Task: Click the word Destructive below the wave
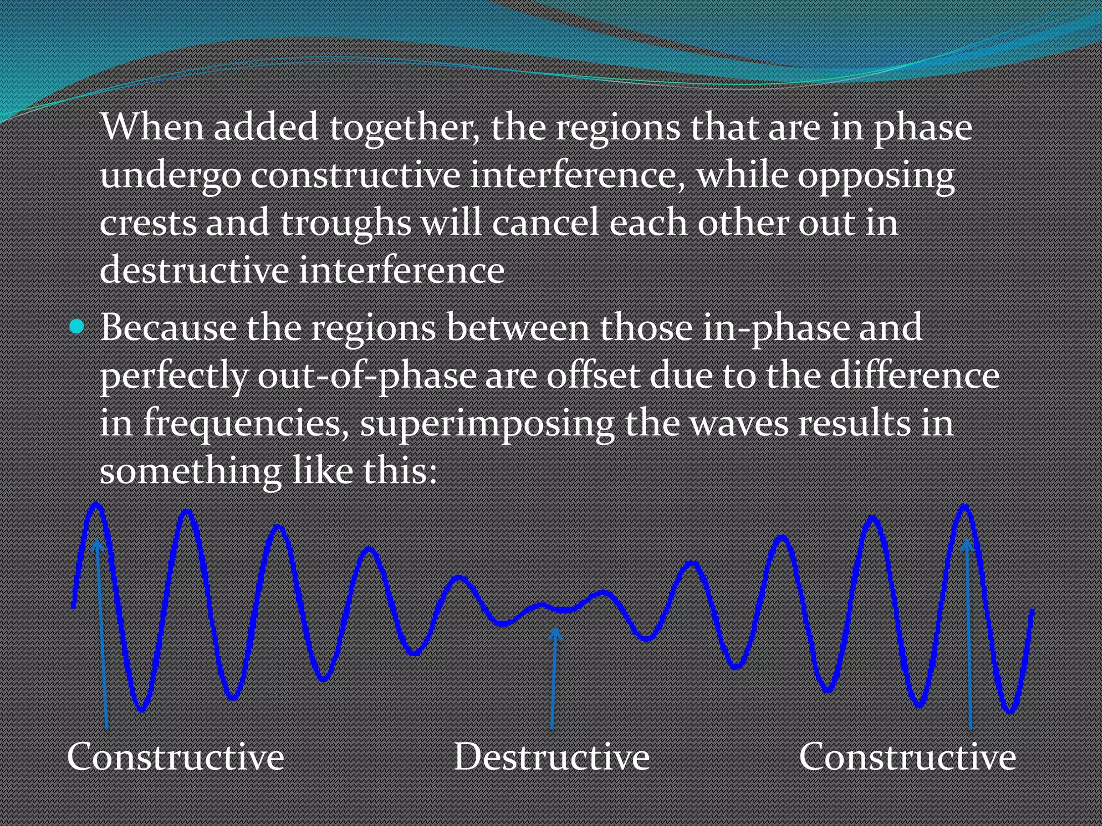[x=552, y=757]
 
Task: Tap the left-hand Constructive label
[x=175, y=757]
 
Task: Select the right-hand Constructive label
[x=907, y=757]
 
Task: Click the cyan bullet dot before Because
[x=77, y=326]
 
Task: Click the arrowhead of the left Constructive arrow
[x=97, y=545]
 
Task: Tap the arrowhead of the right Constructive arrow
[x=967, y=544]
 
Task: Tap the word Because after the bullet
[x=168, y=327]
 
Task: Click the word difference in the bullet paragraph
[x=915, y=375]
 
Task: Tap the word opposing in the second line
[x=876, y=176]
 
